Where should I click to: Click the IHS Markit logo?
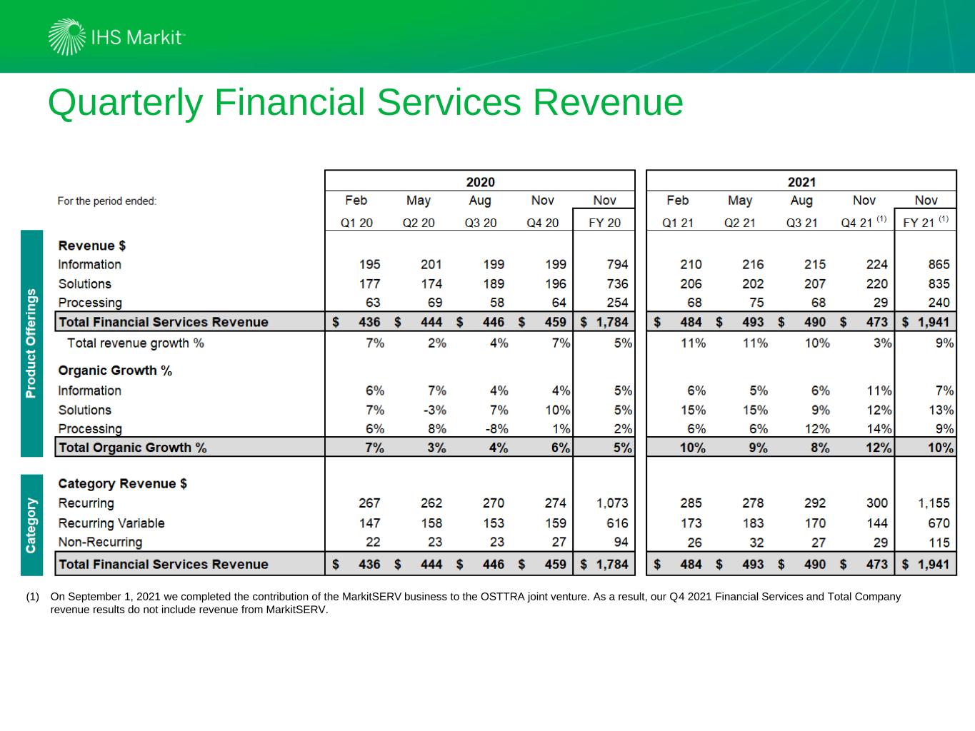click(116, 37)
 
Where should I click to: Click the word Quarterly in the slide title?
click(125, 102)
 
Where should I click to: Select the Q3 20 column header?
click(480, 223)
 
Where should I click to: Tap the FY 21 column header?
click(921, 223)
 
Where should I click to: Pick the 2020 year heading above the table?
click(480, 182)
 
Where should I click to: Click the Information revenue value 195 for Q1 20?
click(369, 264)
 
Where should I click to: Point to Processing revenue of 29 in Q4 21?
click(880, 303)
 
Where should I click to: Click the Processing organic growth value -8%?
click(496, 429)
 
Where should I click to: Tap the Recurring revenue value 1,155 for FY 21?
click(934, 503)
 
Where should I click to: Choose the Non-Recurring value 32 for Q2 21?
click(756, 543)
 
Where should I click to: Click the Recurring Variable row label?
click(111, 523)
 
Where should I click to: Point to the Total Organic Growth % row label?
click(132, 448)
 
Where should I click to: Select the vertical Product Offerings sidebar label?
click(31, 343)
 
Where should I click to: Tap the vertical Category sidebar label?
click(31, 525)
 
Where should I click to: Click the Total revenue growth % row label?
click(135, 343)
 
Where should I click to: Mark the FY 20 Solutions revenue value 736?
click(616, 283)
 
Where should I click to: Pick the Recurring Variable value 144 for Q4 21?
click(876, 523)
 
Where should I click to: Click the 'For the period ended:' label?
click(107, 201)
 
